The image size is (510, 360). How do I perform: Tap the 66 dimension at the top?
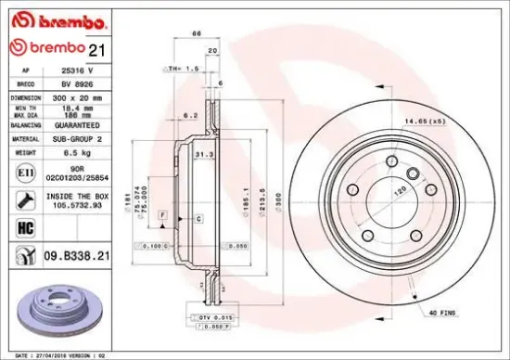pyautogui.click(x=196, y=34)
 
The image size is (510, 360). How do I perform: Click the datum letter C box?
pyautogui.click(x=198, y=218)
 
